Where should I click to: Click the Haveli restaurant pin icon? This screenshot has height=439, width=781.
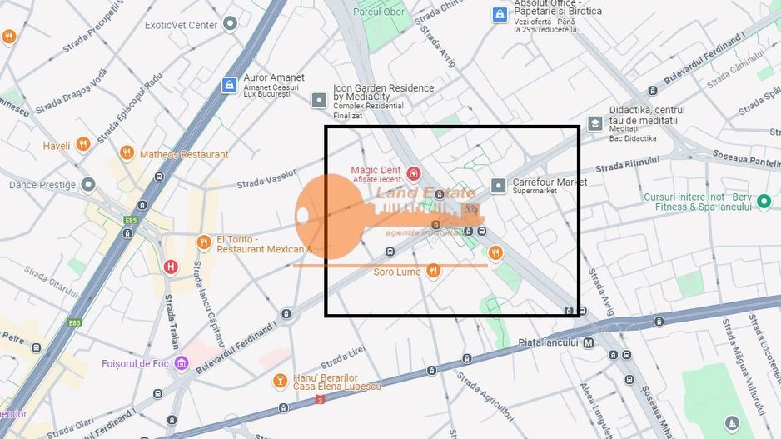pos(82,145)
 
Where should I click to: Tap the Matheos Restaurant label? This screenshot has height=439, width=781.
pos(184,154)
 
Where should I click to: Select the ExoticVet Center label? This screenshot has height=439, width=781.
pos(181,25)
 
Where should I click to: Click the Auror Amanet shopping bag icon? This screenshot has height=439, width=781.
pos(229,85)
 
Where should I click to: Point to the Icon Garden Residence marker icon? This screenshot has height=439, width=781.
pos(319,100)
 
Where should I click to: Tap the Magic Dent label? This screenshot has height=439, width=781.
pos(376,171)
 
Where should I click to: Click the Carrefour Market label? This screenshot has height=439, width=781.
pos(550,182)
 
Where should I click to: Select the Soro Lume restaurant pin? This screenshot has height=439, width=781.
pos(433,271)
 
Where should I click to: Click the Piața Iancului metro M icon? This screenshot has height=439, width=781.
pos(589,342)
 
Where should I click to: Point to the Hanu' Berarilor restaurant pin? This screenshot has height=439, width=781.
pos(281,382)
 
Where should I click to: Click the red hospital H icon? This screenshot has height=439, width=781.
pos(171,267)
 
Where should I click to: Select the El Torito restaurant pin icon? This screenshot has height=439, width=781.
pos(204,242)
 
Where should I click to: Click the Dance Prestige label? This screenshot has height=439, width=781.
pos(42,184)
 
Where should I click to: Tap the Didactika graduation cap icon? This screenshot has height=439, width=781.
pos(594,123)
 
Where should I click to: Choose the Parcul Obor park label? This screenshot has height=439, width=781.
pos(379,12)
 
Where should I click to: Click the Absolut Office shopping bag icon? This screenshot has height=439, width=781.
pos(499,14)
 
